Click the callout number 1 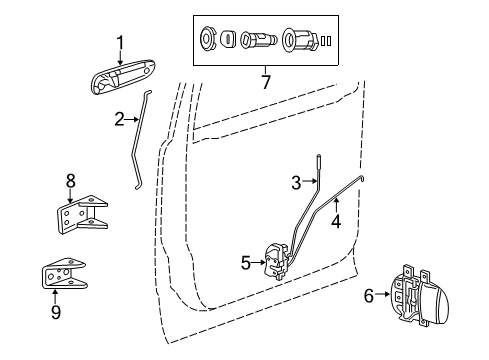[x=119, y=41]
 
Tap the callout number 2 [x=118, y=120]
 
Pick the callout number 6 [x=368, y=296]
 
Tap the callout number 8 [x=70, y=181]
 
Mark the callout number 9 [x=55, y=312]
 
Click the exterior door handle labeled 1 [x=126, y=77]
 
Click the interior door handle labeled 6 [x=415, y=300]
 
